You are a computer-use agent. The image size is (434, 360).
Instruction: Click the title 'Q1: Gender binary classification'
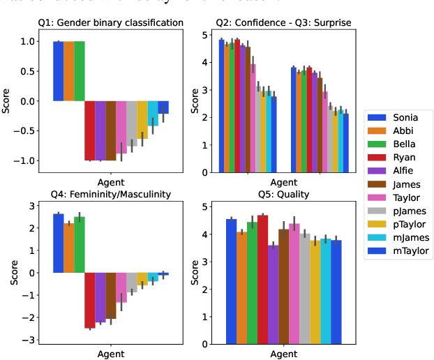pos(110,23)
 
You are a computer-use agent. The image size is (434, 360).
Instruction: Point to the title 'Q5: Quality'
pos(283,195)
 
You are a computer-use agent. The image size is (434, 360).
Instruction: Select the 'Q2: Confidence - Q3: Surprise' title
pos(283,23)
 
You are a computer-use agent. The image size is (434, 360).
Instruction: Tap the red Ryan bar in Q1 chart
pos(90,130)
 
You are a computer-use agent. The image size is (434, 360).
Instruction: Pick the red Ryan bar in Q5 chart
pos(262,279)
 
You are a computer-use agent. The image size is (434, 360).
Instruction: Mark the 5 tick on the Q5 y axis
pos(204,207)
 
